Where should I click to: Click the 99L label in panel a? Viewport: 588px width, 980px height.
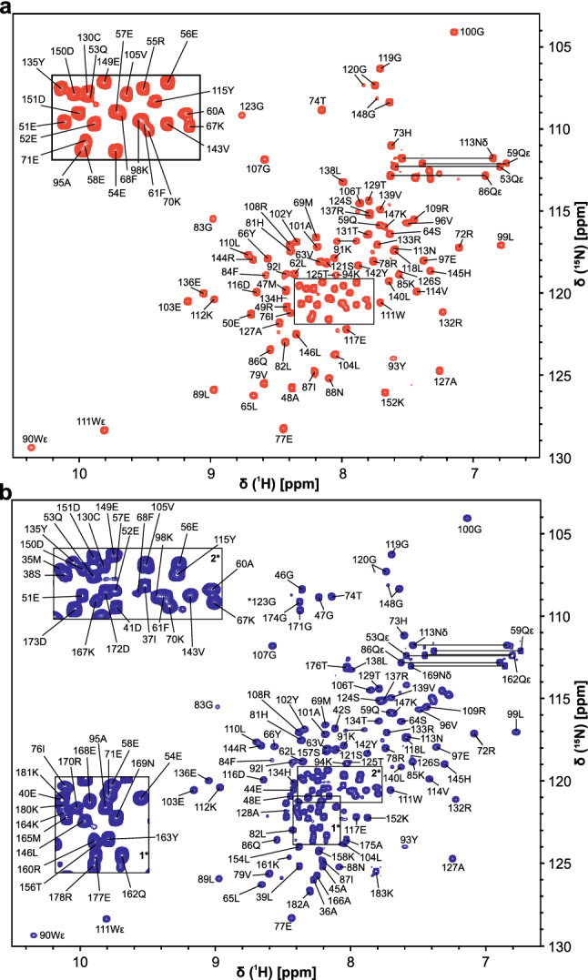(x=506, y=238)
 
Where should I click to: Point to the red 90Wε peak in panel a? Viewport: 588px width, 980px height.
(x=31, y=448)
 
